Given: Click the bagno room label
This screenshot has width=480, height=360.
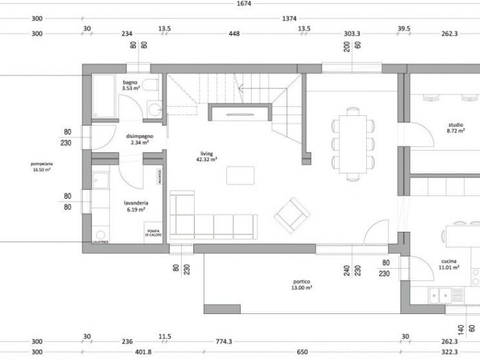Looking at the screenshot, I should [130, 82].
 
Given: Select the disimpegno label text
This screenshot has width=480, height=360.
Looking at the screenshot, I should [139, 136].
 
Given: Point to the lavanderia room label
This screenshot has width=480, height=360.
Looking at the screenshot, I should [137, 203].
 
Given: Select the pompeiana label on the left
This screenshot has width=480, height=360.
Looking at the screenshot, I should [42, 164].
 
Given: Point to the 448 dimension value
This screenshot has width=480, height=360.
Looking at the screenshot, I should [234, 32].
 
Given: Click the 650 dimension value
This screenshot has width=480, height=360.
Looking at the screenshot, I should [302, 352].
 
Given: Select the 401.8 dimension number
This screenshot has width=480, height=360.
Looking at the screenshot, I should [143, 352].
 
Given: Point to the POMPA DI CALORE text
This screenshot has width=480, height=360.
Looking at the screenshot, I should [154, 234].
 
